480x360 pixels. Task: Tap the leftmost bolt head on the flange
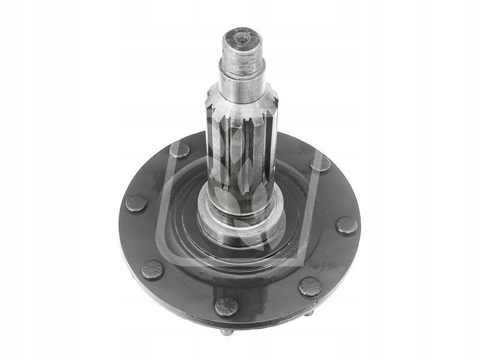(x=136, y=204)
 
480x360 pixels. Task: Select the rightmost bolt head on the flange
(x=346, y=226)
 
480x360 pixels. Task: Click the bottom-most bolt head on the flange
(x=226, y=307)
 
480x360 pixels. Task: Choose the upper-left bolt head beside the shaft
(x=179, y=150)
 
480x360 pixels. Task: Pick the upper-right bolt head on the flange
(x=320, y=164)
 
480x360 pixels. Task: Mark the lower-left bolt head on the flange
(x=152, y=270)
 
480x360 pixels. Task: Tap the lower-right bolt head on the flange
(x=310, y=287)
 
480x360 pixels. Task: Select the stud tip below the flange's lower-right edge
(x=308, y=313)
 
